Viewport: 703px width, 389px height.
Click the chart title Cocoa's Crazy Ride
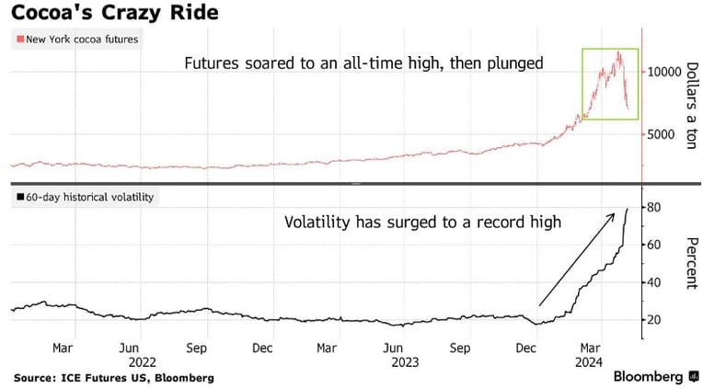pyautogui.click(x=115, y=12)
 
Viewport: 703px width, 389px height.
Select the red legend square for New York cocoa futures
pyautogui.click(x=20, y=40)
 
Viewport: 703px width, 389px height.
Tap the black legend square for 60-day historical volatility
pyautogui.click(x=20, y=197)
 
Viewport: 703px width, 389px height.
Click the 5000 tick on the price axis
pyautogui.click(x=661, y=134)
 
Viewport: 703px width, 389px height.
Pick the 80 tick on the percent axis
pyautogui.click(x=654, y=208)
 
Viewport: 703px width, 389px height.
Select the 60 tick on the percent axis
pyautogui.click(x=654, y=245)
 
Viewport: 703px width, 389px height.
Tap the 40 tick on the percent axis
pyautogui.click(x=654, y=282)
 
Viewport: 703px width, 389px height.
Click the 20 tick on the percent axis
pyautogui.click(x=654, y=320)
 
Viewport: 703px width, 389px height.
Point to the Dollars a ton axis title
pyautogui.click(x=692, y=106)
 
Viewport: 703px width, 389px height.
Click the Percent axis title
pyautogui.click(x=692, y=264)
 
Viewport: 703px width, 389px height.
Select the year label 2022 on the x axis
pyautogui.click(x=142, y=362)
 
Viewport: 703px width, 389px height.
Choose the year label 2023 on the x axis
pyautogui.click(x=405, y=362)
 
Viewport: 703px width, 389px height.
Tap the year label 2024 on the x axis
pyautogui.click(x=589, y=362)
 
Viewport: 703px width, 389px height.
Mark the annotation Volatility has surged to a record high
pyautogui.click(x=422, y=223)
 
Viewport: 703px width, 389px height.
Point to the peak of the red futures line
pyautogui.click(x=619, y=52)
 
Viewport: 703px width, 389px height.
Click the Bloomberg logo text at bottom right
pyautogui.click(x=648, y=376)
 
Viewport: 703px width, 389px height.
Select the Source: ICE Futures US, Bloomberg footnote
pyautogui.click(x=114, y=378)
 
